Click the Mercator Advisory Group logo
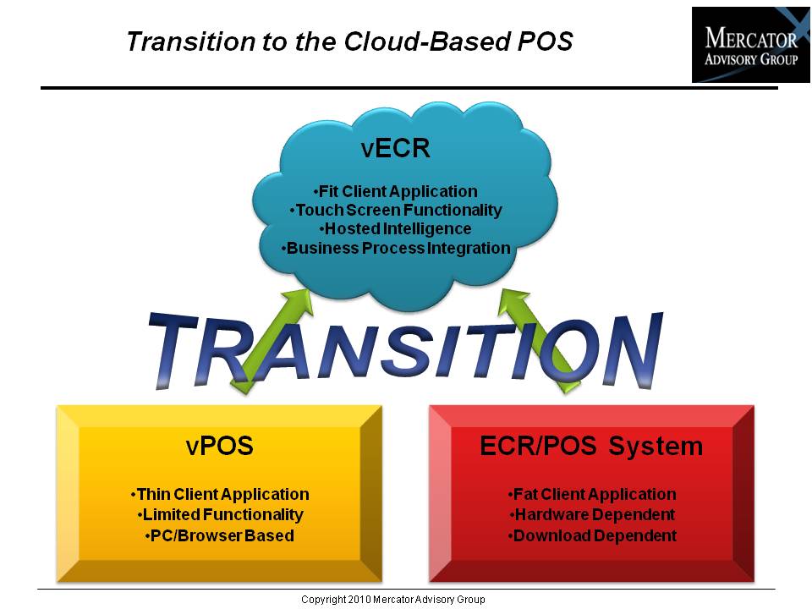751,45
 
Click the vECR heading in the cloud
395,149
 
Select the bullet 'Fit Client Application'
395,192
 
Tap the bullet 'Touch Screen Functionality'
395,211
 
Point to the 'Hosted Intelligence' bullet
395,229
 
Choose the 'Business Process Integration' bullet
396,248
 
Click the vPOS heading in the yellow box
220,446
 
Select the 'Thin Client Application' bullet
220,495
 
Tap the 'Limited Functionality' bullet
220,515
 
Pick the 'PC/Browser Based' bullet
220,535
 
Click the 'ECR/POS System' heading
591,447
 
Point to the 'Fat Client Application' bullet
592,495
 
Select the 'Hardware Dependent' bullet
592,515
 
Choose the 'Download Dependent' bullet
592,536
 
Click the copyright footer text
393,600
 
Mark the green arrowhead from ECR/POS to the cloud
513,301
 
